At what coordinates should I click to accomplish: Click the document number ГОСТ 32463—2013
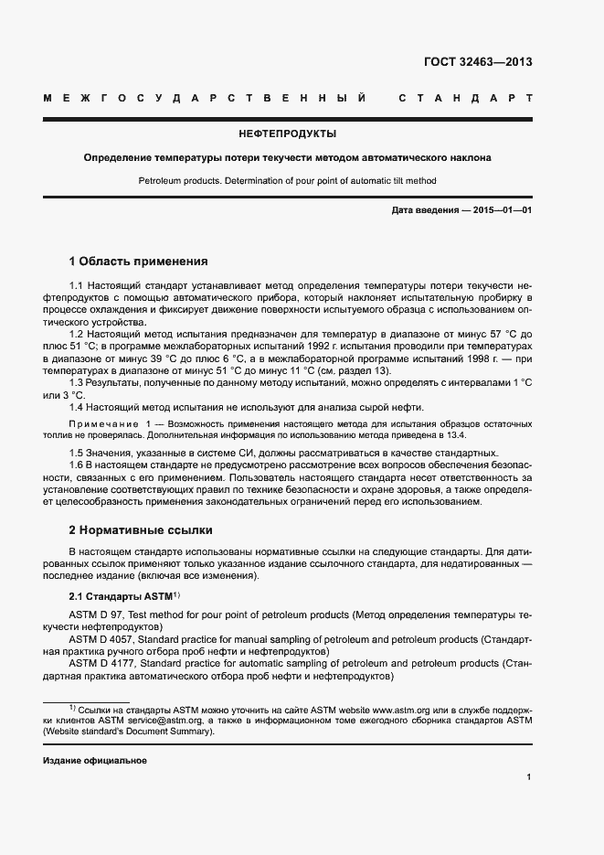pyautogui.click(x=478, y=63)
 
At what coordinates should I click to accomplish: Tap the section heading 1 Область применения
pyautogui.click(x=139, y=261)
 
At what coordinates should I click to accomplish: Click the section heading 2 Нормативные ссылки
pyautogui.click(x=141, y=529)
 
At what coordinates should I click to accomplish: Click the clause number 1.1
pyautogui.click(x=77, y=287)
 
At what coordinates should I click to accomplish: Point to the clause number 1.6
pyautogui.click(x=77, y=465)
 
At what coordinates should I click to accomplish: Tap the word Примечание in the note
pyautogui.click(x=101, y=424)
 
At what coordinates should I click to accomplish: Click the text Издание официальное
pyautogui.click(x=95, y=761)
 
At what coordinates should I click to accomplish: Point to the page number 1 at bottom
pyautogui.click(x=529, y=777)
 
